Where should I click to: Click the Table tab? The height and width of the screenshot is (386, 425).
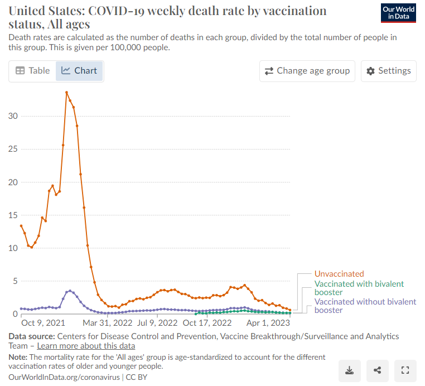point(32,71)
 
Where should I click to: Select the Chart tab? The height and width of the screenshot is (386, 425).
point(79,71)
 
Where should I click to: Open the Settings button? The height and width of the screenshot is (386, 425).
point(388,71)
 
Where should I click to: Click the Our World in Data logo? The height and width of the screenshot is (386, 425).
point(398,13)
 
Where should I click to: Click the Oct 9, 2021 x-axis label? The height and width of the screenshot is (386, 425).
point(44,323)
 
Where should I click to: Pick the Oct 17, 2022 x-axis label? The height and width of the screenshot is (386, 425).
point(207,323)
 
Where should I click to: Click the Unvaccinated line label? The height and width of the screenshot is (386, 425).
point(339,274)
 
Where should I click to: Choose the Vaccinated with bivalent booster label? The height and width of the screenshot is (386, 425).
point(359,288)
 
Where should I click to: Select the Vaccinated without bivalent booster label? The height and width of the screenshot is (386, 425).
point(365,306)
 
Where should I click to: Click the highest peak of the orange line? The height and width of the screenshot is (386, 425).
point(67,93)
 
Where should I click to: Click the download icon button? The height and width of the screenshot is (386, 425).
point(350,369)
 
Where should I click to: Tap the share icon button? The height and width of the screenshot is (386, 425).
point(378,369)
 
